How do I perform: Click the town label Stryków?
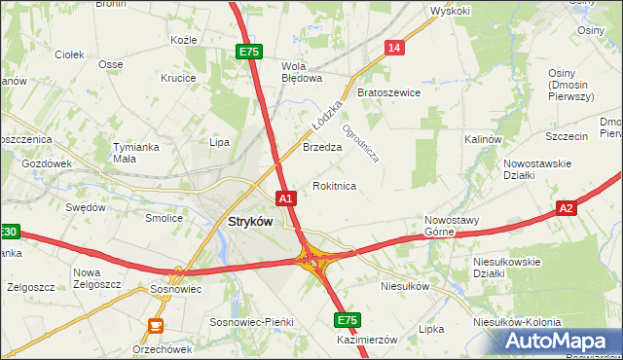pos(249,221)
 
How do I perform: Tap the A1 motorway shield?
pos(286,198)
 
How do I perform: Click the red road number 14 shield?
pos(394,47)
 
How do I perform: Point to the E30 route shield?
pos(9,232)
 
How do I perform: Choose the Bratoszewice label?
pos(388,92)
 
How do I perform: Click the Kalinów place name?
pos(482,139)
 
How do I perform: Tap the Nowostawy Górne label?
pos(453,226)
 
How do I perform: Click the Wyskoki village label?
pos(450,11)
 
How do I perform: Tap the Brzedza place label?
pos(322,148)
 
